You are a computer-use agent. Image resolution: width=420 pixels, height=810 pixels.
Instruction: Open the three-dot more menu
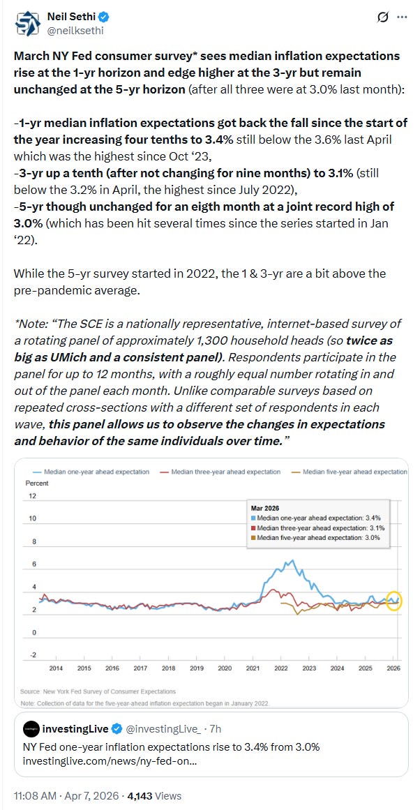[402, 17]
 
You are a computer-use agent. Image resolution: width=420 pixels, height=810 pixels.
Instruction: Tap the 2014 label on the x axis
[56, 668]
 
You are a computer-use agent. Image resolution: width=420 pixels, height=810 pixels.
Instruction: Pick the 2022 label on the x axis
[280, 668]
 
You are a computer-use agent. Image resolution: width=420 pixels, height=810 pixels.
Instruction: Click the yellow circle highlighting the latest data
[394, 600]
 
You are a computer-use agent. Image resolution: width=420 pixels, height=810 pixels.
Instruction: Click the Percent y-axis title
[36, 483]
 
